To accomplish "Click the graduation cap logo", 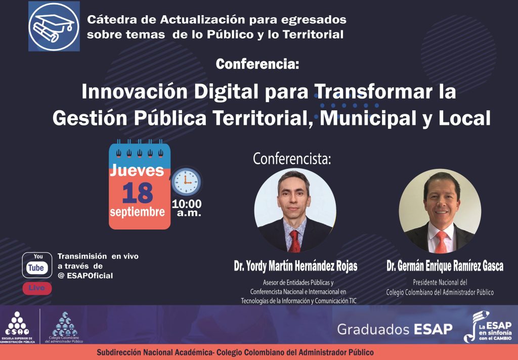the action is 54,26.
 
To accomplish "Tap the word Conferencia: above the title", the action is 257,64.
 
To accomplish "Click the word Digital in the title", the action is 226,92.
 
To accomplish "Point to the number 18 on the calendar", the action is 138,193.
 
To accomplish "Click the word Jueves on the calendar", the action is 137,170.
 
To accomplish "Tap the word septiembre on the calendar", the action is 138,212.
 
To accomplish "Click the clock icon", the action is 186,182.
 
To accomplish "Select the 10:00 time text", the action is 187,204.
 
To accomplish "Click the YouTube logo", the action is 37,265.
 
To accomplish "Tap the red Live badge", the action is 37,288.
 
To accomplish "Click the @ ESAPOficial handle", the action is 85,276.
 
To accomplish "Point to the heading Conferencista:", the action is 292,159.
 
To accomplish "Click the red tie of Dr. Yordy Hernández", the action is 294,241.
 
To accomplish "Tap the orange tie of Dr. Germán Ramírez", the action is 441,242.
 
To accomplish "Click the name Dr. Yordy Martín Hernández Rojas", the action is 295,266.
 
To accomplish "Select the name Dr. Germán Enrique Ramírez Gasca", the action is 445,266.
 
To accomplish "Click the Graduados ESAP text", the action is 395,329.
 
